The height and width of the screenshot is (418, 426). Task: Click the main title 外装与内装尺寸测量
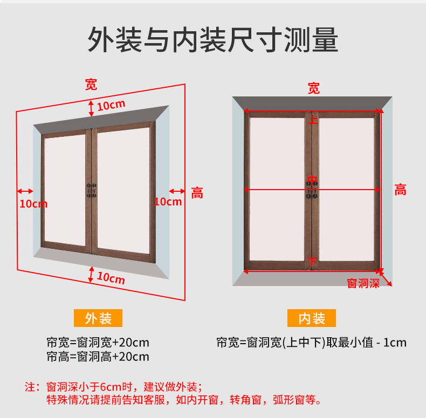tap(212, 40)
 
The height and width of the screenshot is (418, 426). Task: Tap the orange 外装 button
tap(98, 318)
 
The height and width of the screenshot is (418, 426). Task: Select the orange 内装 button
tap(312, 318)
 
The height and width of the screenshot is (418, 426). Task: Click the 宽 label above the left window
tap(91, 85)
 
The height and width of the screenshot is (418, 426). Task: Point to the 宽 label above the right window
tap(313, 88)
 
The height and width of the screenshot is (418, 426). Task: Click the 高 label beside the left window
tap(197, 193)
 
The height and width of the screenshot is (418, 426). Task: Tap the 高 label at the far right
tap(401, 190)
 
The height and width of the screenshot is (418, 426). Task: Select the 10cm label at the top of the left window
tap(111, 105)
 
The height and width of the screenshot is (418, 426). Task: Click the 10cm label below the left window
tap(111, 278)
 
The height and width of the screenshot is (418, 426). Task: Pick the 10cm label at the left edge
tap(33, 204)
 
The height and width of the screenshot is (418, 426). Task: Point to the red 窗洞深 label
tap(363, 284)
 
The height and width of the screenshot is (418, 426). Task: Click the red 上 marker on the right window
tap(313, 119)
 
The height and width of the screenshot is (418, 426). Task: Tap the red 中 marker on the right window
tap(312, 180)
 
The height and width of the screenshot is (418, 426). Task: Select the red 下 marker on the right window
tap(312, 262)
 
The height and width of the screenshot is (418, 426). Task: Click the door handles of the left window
tap(92, 190)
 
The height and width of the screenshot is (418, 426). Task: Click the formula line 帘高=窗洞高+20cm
tap(98, 357)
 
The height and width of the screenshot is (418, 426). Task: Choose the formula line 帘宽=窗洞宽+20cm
tap(98, 343)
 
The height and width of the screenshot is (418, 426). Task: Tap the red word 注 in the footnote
tap(30, 387)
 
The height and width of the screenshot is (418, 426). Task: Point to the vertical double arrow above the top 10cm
tap(91, 109)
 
